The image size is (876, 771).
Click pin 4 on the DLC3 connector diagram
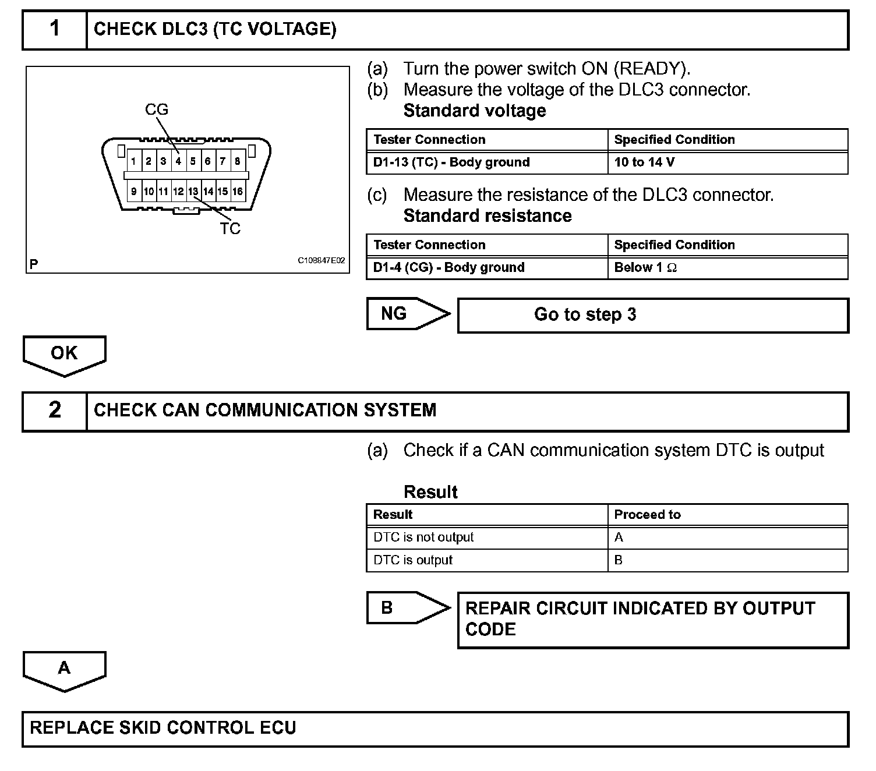(x=178, y=161)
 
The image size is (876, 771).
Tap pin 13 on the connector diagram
(x=193, y=191)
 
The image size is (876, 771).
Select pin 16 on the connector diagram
(x=238, y=191)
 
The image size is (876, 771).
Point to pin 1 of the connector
(x=134, y=161)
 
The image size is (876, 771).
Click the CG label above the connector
(x=156, y=109)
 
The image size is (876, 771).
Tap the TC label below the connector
(x=230, y=229)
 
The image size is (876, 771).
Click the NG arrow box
(x=408, y=314)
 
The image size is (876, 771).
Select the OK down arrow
(x=64, y=355)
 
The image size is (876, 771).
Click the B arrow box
(x=408, y=608)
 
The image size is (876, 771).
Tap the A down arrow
(x=64, y=670)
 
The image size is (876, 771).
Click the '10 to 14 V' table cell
(x=727, y=162)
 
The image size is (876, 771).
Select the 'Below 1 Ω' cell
(x=727, y=268)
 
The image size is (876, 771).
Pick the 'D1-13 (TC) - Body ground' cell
(x=486, y=162)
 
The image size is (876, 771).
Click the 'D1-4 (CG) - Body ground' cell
(x=486, y=268)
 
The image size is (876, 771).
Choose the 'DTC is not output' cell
(x=486, y=537)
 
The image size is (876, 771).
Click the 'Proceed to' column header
(x=727, y=515)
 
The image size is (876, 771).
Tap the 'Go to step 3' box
(x=653, y=315)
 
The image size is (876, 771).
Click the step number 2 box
(x=55, y=411)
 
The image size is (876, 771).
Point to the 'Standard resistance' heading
(x=488, y=216)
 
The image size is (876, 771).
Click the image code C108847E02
(x=321, y=260)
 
